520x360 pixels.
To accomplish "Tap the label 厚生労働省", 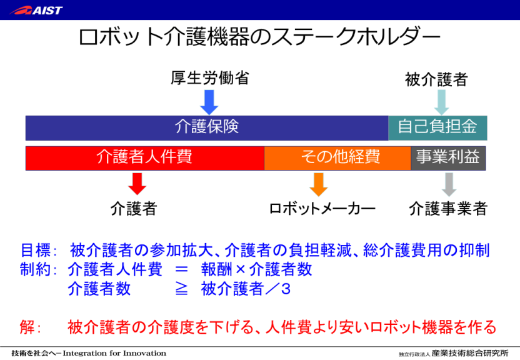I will tap(210, 78).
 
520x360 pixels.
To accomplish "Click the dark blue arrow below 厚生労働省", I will tap(209, 102).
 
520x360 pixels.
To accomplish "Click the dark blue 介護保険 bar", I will tap(207, 127).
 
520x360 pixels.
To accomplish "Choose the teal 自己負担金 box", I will tap(437, 127).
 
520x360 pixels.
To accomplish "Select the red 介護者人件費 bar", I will tap(144, 158).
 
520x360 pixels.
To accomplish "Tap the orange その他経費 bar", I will tap(337, 158).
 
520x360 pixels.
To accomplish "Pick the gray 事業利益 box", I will tap(448, 158).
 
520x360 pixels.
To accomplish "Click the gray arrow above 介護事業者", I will tap(448, 184).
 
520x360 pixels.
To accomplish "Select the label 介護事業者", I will tap(447, 209).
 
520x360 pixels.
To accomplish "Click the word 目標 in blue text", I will tap(34, 252).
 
